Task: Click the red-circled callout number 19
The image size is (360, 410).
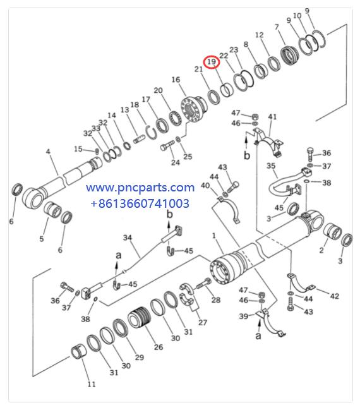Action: [x=212, y=62]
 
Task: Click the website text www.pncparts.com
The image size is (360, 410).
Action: [x=140, y=188]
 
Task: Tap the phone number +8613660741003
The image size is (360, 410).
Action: [x=140, y=203]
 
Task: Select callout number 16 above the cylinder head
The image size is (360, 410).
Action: [x=176, y=80]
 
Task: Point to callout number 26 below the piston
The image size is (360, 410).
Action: [x=158, y=347]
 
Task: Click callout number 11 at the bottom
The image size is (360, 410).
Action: [x=91, y=384]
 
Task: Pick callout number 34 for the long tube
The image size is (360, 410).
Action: [x=128, y=238]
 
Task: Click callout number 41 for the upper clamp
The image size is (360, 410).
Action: [x=272, y=117]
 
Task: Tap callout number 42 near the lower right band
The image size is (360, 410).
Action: [x=334, y=296]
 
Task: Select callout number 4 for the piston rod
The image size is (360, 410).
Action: [x=48, y=152]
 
